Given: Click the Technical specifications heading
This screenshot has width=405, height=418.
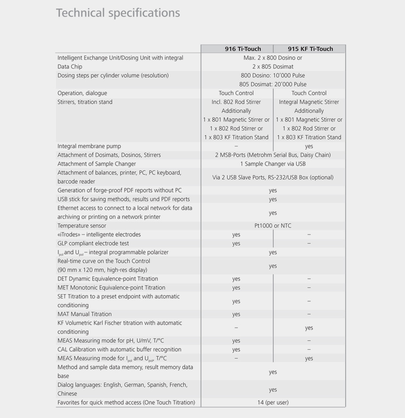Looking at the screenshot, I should click(118, 13).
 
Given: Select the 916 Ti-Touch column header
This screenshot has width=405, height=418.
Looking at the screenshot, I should click(236, 49).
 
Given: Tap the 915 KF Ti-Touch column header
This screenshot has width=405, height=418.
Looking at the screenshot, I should click(310, 49).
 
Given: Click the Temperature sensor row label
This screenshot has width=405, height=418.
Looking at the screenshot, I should click(82, 225).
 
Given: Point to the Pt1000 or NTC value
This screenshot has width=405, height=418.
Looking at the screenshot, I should click(273, 225).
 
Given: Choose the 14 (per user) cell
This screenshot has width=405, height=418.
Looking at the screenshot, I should click(273, 402).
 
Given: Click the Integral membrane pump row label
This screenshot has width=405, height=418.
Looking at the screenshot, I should click(89, 146).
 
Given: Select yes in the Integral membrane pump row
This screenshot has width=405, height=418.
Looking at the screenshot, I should click(309, 146).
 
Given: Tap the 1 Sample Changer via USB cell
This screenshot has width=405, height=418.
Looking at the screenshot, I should click(273, 164).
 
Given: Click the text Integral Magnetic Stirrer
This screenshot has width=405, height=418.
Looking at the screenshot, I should click(309, 102).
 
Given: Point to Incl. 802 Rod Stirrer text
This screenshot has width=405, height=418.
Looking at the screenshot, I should click(236, 102).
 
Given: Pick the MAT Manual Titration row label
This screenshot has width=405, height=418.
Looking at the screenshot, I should click(85, 314).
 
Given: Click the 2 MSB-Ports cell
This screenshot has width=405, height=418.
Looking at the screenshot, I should click(273, 155).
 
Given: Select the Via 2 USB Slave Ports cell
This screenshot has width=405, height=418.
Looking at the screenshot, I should click(273, 177).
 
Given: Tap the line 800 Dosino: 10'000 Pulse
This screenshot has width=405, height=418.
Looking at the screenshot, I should click(273, 75).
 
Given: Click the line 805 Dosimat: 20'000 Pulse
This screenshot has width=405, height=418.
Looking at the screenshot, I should click(273, 84).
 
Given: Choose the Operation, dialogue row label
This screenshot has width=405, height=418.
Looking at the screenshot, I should click(82, 93).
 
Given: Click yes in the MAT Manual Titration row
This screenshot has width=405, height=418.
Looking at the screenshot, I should click(236, 314).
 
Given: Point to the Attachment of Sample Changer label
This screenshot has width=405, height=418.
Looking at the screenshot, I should click(97, 164).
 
